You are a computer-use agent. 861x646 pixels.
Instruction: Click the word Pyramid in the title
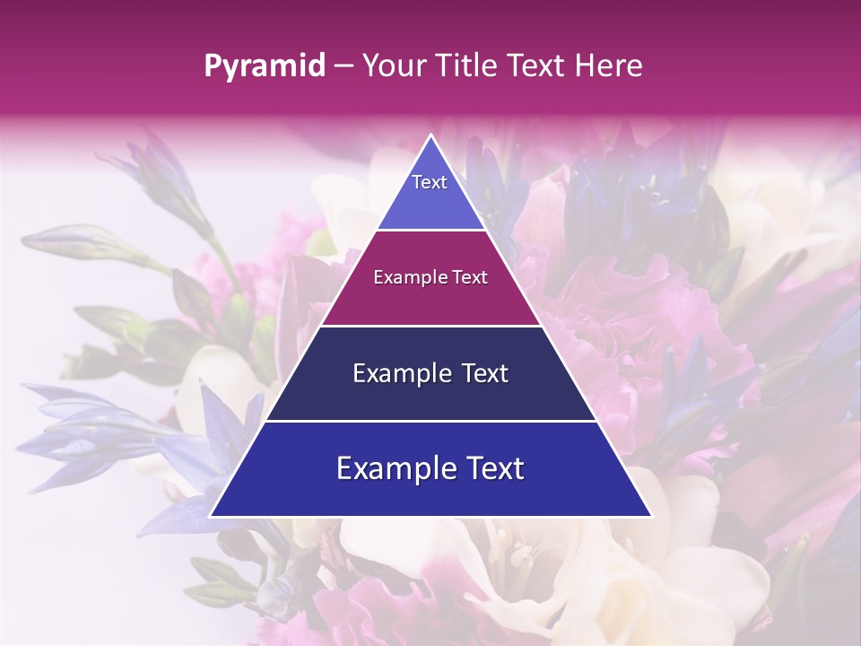click(x=265, y=66)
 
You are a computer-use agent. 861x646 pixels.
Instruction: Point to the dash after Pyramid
click(x=344, y=66)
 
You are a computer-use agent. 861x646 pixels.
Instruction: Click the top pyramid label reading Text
click(x=430, y=182)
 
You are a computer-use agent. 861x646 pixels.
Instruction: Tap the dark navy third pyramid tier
click(x=430, y=399)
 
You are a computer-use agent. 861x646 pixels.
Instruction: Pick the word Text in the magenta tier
click(x=469, y=277)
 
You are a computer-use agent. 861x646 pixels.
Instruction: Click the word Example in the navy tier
click(x=400, y=373)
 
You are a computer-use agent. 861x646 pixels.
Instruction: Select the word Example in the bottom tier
click(x=395, y=468)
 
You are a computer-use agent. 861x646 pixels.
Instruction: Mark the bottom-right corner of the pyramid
click(x=650, y=515)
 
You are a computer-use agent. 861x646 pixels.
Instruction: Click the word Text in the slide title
click(x=535, y=65)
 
